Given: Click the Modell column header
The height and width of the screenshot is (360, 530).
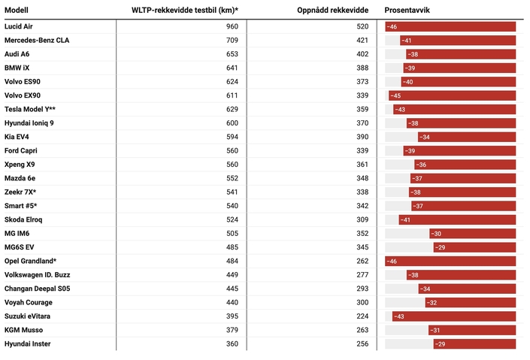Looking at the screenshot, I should point(17,11).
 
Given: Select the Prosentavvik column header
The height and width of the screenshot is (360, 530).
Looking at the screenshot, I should point(407,11).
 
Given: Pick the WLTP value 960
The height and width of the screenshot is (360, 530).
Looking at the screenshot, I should point(232,26).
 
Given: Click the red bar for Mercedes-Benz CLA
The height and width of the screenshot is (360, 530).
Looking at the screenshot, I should point(457,41).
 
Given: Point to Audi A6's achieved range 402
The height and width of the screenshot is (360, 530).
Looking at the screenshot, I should point(362,54).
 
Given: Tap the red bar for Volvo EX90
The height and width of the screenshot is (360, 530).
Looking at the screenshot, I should point(452,95).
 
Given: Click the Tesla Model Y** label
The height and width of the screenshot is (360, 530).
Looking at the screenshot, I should point(30,109).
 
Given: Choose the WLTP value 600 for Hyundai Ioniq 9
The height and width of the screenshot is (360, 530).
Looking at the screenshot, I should point(232,123).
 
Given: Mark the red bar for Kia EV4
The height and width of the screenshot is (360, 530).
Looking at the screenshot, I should point(467,137).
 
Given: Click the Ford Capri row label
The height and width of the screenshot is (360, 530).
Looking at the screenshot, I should point(22,150).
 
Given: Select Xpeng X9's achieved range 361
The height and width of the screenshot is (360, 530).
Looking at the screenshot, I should point(362,165).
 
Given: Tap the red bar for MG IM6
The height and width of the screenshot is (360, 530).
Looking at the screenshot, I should point(472,234).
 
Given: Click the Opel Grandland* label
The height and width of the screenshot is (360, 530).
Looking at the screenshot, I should point(31,261).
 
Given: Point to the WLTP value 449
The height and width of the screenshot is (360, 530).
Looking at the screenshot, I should point(232,275).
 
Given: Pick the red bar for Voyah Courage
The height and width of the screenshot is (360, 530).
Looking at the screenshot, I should point(470,302).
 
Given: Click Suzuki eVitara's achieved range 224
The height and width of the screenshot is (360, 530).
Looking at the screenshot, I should point(362,316).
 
